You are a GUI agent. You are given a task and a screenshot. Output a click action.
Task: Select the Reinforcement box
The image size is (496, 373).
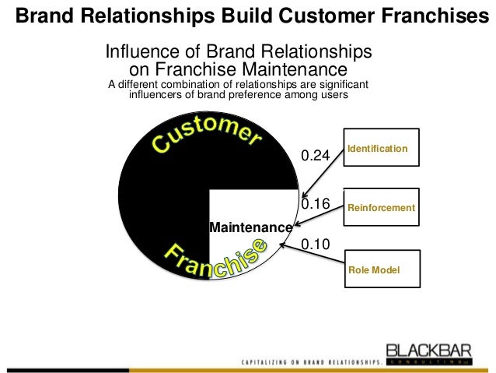pyautogui.click(x=381, y=207)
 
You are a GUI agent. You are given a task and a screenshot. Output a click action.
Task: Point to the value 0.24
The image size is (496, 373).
pyautogui.click(x=316, y=156)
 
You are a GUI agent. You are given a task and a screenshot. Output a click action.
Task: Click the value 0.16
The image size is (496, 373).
pyautogui.click(x=316, y=204)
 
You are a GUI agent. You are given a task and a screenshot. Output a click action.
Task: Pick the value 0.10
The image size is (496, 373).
pyautogui.click(x=316, y=244)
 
